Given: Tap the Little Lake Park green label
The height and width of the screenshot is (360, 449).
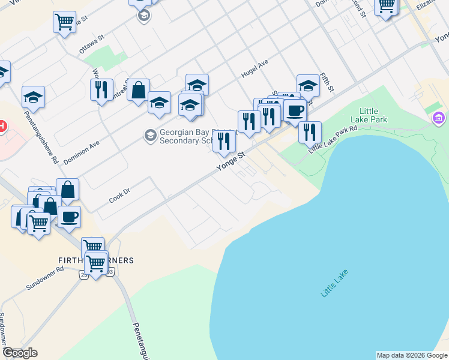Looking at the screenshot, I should point(373,115).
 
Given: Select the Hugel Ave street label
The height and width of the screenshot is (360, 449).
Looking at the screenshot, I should point(254,68).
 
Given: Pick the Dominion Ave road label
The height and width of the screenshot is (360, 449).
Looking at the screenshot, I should point(81,153).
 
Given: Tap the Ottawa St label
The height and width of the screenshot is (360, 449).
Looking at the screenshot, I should point(92,43).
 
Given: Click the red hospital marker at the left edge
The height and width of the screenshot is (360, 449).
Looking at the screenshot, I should point(2,127).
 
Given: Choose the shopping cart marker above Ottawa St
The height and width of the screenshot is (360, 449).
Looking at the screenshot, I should point(64,23).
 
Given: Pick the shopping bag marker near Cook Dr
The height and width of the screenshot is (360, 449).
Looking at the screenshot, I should point(68,189).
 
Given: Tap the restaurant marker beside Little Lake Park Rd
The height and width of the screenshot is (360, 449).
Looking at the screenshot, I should point(310,131).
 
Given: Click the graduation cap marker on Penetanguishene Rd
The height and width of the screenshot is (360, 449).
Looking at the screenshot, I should point(34,97).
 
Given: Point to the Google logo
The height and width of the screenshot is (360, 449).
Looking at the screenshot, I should point(20,353).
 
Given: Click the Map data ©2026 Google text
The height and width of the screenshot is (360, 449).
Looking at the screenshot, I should point(412,355).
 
